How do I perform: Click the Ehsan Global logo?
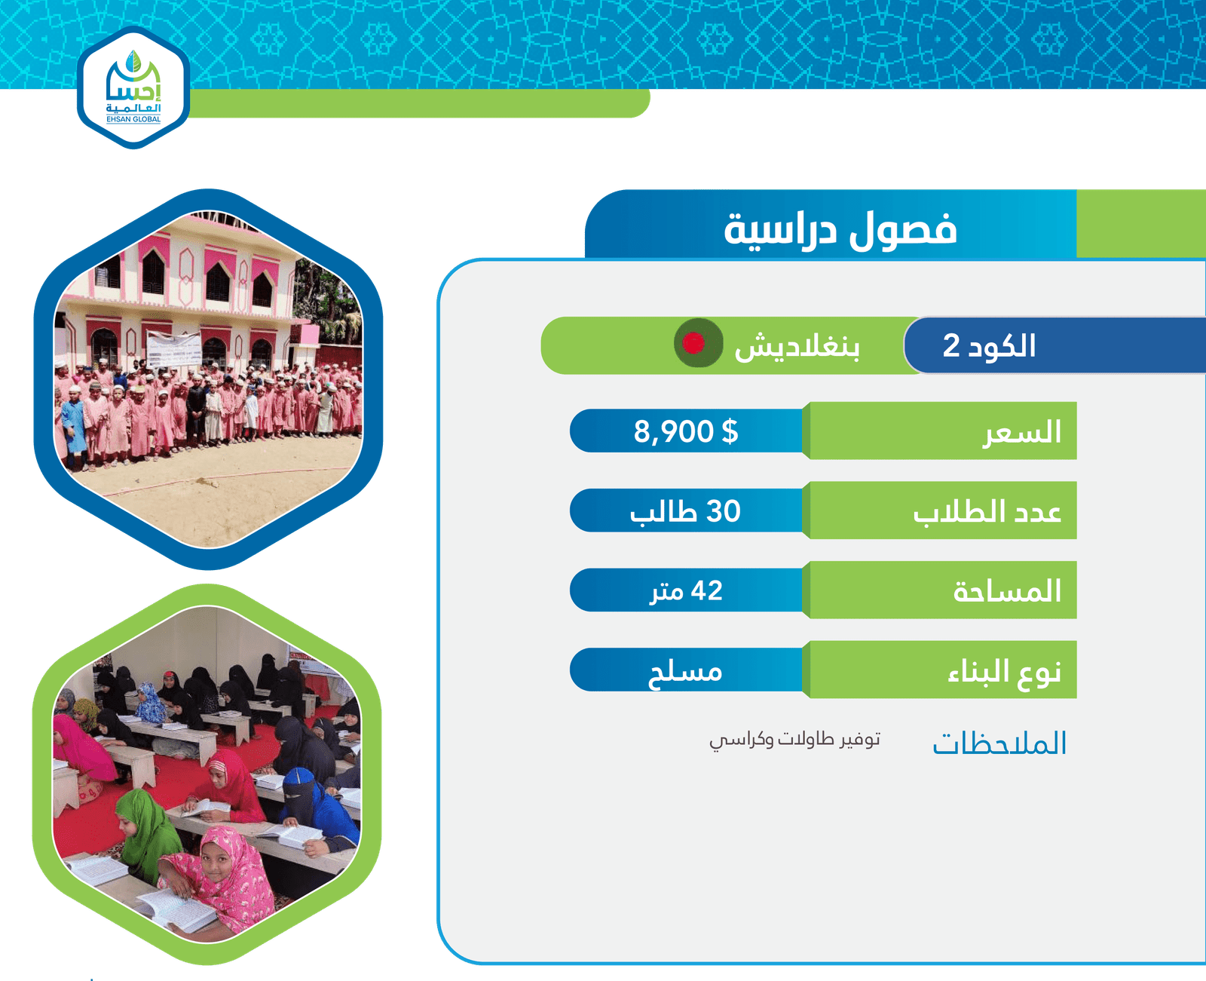(x=133, y=87)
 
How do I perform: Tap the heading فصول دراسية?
(x=840, y=228)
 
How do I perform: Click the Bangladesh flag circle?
(x=698, y=343)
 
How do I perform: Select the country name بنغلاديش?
(x=797, y=346)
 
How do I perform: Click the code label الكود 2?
(x=989, y=345)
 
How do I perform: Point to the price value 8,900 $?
(x=686, y=431)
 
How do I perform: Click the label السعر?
(x=1021, y=432)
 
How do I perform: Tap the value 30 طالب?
(x=686, y=511)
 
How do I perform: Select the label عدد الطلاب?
(x=987, y=512)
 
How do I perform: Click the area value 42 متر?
(x=686, y=591)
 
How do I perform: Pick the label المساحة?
(x=1007, y=590)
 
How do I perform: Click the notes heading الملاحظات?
(x=999, y=743)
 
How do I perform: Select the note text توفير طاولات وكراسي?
(x=794, y=740)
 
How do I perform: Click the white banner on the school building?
(x=174, y=349)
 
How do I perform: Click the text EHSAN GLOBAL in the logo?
(x=133, y=119)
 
